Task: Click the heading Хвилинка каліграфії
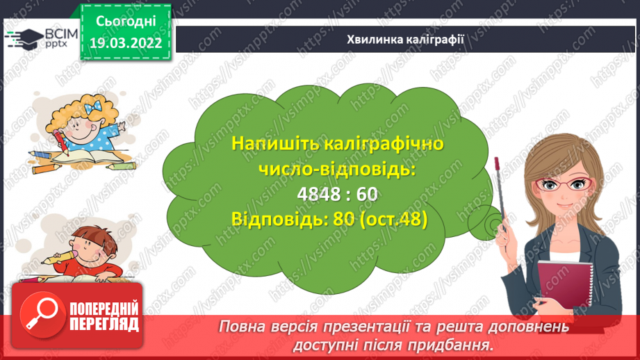(405, 38)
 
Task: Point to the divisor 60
(366, 195)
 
